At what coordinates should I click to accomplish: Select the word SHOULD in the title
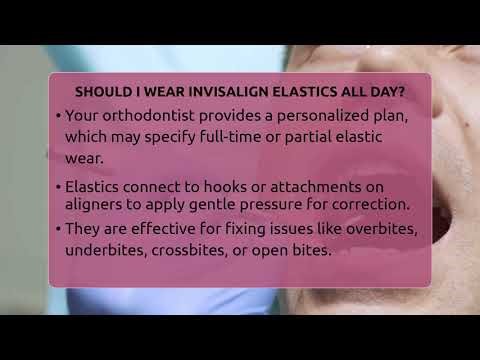104,92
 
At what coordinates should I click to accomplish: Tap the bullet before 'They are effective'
59,231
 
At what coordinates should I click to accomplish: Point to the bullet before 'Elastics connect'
59,186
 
